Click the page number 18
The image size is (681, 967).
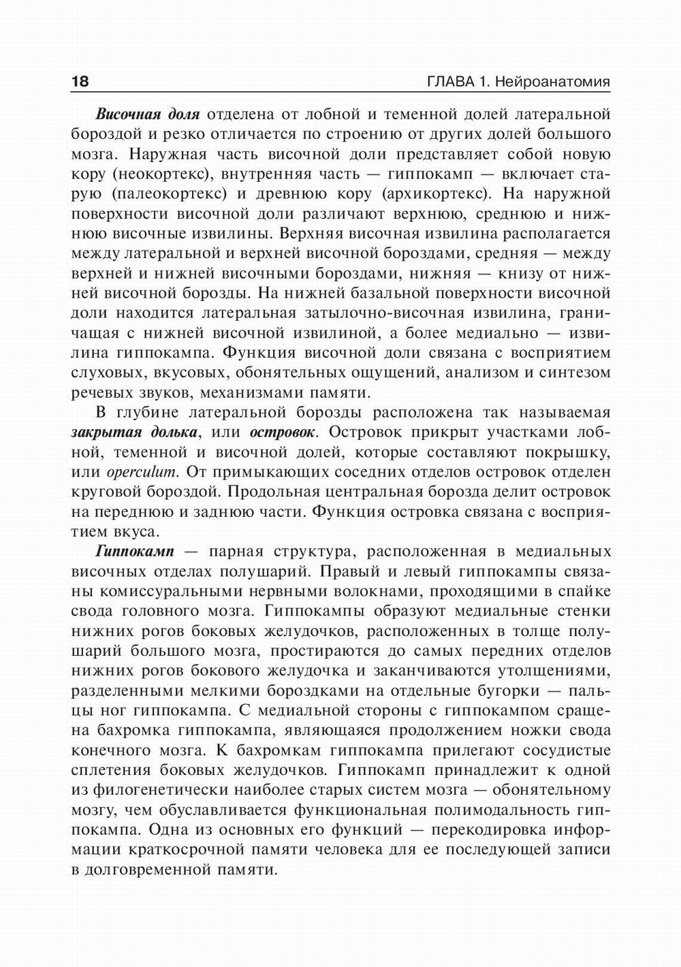[x=80, y=82]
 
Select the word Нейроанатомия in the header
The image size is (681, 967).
[x=553, y=82]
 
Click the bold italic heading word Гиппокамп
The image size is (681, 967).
[x=135, y=551]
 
